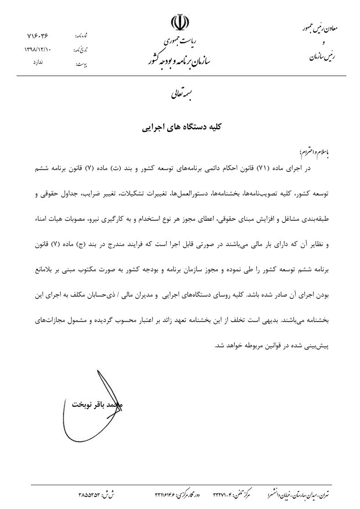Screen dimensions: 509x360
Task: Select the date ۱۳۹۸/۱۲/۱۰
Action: pyautogui.click(x=38, y=49)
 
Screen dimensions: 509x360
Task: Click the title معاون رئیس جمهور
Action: pyautogui.click(x=315, y=28)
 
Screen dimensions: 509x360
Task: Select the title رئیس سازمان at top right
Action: pyautogui.click(x=322, y=57)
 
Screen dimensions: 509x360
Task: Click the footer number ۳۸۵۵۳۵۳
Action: pyautogui.click(x=95, y=494)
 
